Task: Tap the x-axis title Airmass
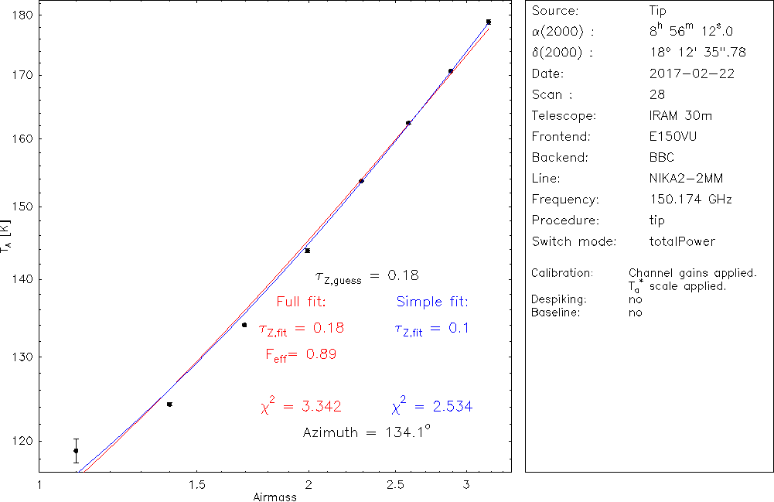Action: pos(274,497)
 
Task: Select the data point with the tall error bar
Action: pos(76,450)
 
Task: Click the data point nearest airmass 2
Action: pos(307,251)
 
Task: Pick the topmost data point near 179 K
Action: pos(489,22)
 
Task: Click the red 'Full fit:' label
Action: pos(302,302)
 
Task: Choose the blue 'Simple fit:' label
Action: pos(432,302)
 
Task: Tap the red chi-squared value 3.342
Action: pos(312,407)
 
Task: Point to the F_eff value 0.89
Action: pos(321,354)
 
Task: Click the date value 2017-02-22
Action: pos(692,74)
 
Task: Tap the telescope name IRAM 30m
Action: pos(680,116)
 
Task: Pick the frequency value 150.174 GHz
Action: pos(690,200)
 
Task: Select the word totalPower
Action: pos(683,241)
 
